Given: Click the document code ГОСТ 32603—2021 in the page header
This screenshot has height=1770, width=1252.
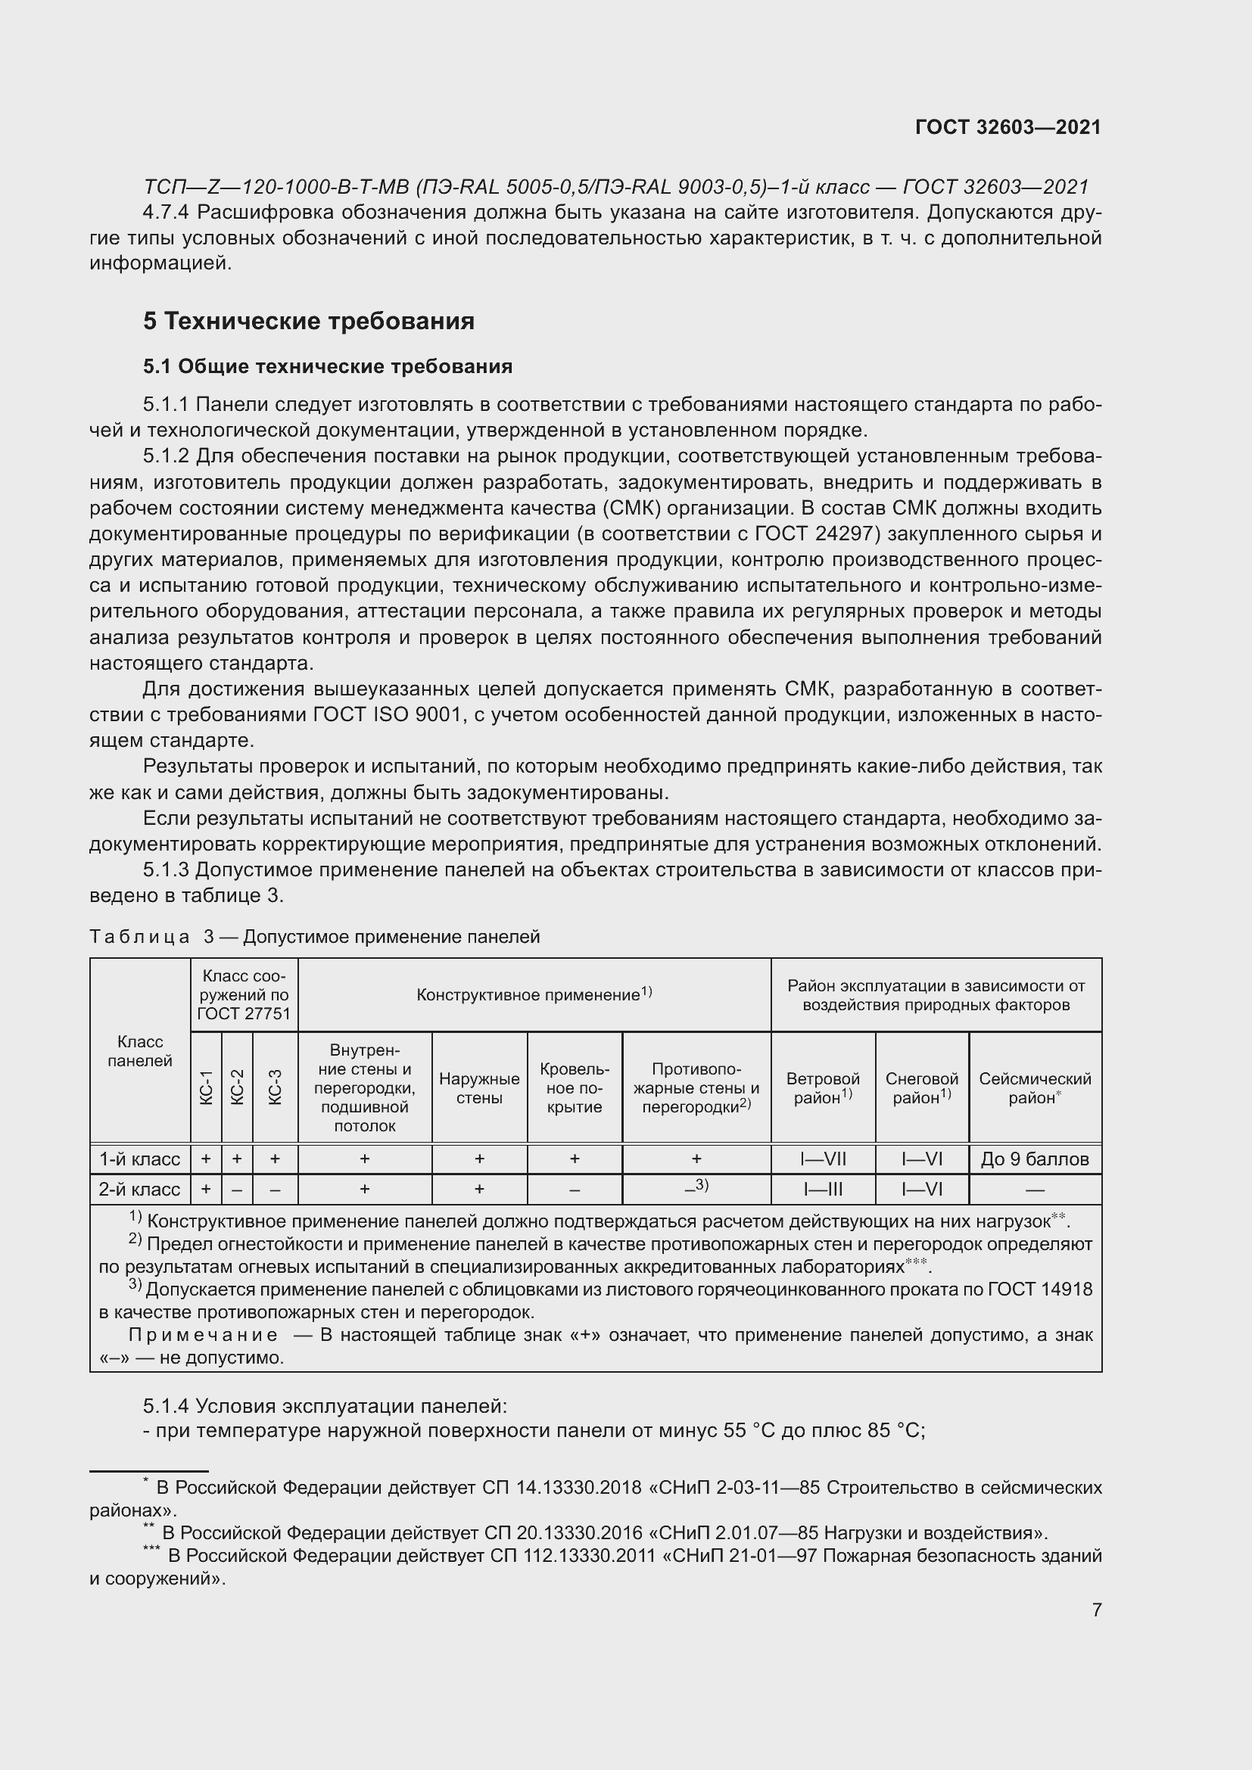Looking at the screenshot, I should click(1008, 127).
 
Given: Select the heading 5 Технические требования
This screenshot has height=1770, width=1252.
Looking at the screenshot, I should click(308, 321).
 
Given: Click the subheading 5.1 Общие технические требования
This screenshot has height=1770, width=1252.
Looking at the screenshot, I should click(328, 366).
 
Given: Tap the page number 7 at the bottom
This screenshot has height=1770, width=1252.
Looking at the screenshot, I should click(1096, 1610).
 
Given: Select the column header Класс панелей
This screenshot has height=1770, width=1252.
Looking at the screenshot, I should click(139, 1052).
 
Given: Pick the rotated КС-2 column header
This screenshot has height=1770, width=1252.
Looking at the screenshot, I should click(238, 1087).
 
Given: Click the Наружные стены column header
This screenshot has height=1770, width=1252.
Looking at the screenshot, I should click(478, 1087).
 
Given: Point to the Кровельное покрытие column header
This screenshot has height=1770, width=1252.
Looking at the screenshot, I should click(575, 1087).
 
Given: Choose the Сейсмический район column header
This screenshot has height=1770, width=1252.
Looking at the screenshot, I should click(1035, 1087).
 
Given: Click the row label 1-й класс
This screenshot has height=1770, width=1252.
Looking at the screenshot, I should click(139, 1159).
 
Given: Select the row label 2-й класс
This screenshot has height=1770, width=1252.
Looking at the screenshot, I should click(139, 1189).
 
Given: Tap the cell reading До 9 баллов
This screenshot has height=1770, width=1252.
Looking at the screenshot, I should click(1035, 1159).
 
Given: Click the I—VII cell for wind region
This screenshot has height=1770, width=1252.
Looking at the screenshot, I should click(823, 1159).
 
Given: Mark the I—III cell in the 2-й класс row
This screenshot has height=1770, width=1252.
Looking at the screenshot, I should click(823, 1189).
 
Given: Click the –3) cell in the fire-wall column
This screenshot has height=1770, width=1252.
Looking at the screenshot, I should click(696, 1187).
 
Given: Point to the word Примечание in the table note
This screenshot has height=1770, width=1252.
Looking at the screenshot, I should click(203, 1334).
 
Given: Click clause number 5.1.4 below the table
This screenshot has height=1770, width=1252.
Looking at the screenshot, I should click(166, 1406).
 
